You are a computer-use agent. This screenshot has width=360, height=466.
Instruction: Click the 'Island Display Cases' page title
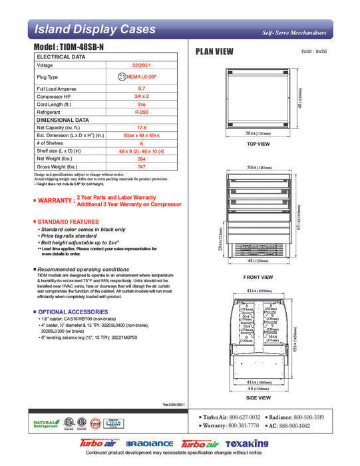pos(94,29)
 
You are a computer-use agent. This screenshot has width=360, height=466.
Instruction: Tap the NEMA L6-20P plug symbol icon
pos(122,77)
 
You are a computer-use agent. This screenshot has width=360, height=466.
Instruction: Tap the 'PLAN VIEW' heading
pos(214,52)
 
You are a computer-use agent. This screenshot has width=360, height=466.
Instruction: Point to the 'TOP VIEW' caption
pos(258,144)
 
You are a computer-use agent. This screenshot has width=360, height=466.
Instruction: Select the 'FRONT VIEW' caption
pos(258,277)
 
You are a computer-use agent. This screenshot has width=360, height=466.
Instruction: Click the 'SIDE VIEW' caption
pos(258,397)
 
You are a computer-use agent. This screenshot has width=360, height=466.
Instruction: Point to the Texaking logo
pos(246,443)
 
